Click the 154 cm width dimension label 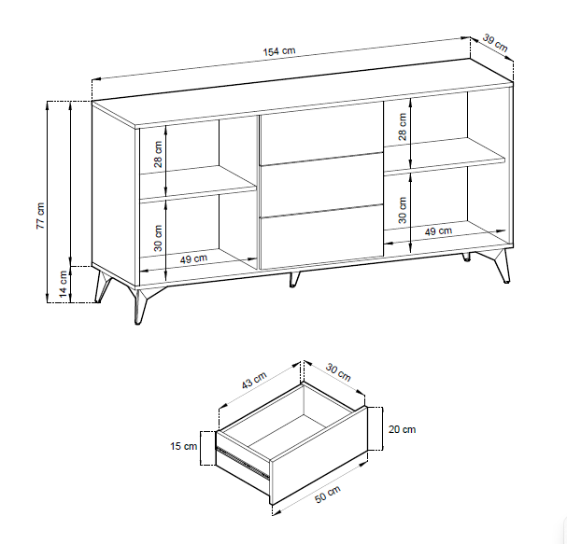click(278, 51)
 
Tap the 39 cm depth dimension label click(495, 43)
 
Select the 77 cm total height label click(41, 216)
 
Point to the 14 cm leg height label click(64, 285)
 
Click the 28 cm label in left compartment click(159, 154)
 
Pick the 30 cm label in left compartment click(159, 238)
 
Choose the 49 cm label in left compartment click(193, 258)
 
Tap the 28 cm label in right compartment click(403, 127)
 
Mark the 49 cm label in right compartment click(438, 230)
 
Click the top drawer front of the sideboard click(321, 133)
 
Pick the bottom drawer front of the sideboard click(321, 237)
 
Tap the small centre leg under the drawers click(294, 279)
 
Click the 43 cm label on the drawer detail click(254, 380)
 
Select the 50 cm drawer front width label click(328, 495)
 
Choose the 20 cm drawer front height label click(402, 429)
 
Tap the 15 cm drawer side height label click(184, 446)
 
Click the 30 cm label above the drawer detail click(338, 372)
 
